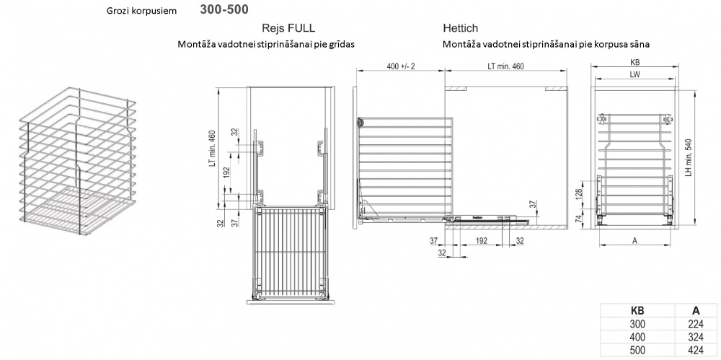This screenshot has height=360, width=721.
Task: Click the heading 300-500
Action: point(224,9)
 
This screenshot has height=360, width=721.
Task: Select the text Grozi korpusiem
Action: point(141,11)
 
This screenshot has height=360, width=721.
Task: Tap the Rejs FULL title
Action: point(288,28)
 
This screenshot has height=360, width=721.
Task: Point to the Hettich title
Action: point(460,28)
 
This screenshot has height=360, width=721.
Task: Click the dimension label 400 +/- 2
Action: point(401,66)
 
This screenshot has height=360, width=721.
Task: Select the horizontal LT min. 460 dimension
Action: point(506,66)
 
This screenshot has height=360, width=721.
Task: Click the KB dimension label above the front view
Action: point(635,62)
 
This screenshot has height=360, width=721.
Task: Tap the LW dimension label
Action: point(635,74)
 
